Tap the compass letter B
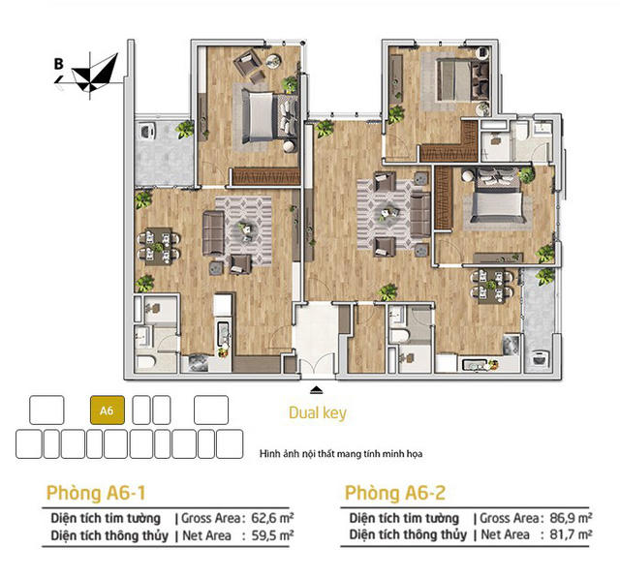[59, 65]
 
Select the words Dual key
[317, 413]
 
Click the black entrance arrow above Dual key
[316, 390]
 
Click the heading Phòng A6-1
[96, 491]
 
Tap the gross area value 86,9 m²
[569, 518]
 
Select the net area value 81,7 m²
[569, 534]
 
